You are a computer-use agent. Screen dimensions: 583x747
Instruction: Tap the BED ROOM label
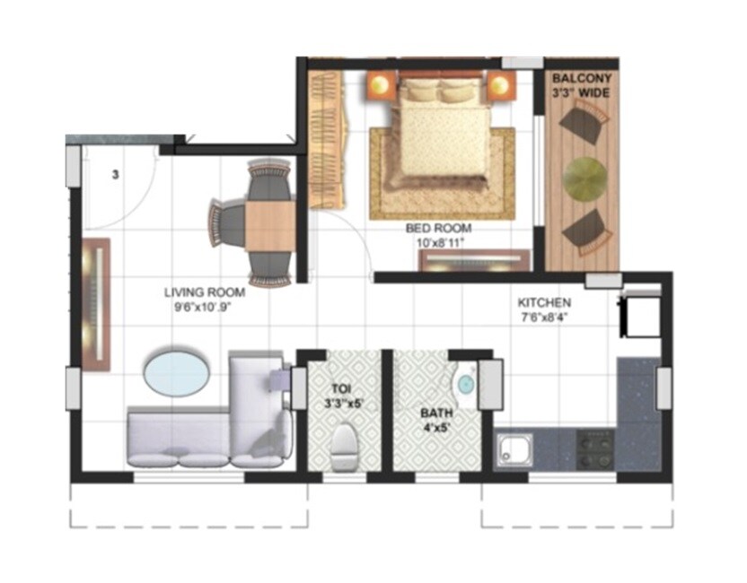point(438,229)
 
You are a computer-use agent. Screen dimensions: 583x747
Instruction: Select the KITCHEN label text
point(544,302)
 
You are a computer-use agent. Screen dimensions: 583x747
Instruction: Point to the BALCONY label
point(583,78)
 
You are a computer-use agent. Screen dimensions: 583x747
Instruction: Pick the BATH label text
point(437,414)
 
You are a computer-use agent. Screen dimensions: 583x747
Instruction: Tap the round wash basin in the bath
point(465,384)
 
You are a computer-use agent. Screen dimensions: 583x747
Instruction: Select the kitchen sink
point(514,448)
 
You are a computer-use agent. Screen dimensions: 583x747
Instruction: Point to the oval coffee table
point(178,371)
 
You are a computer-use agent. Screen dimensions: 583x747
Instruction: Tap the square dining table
point(270,223)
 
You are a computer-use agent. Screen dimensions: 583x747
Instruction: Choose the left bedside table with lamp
point(381,87)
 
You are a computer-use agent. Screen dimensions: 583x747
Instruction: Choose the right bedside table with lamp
point(499,87)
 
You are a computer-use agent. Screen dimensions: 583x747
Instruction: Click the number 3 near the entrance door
point(115,176)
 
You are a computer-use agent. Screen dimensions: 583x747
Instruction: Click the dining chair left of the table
point(226,222)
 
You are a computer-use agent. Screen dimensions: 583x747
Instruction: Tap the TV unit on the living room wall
point(95,305)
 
